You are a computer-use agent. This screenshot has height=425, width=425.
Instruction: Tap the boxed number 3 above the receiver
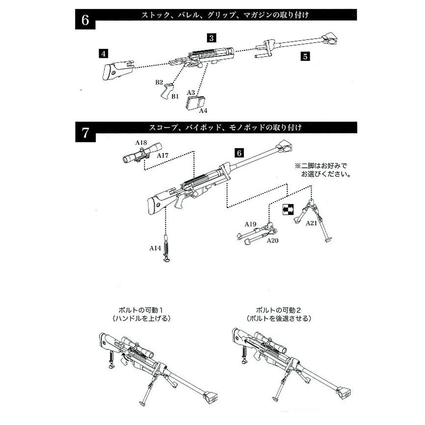212,37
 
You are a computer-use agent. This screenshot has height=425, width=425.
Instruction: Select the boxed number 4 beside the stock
103,53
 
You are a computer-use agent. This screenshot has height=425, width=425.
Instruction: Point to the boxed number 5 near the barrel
304,55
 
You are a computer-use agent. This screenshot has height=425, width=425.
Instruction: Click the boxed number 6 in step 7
239,152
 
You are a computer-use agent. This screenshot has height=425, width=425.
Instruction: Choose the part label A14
155,248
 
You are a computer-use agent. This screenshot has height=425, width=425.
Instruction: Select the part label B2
159,81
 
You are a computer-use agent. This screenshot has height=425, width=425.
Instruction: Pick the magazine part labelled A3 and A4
195,103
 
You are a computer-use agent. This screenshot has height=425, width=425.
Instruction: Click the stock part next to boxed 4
116,69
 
